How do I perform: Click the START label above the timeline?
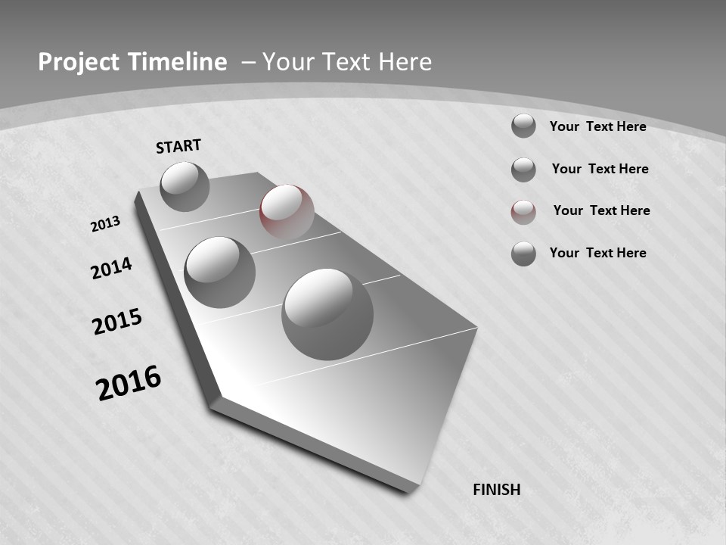(x=178, y=146)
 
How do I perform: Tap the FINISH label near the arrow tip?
(x=496, y=490)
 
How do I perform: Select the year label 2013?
(x=105, y=224)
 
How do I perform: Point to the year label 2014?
(x=111, y=269)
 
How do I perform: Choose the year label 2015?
(x=116, y=322)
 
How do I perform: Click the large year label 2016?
(x=129, y=382)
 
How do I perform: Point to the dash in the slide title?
(x=248, y=62)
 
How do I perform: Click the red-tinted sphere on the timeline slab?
(x=287, y=212)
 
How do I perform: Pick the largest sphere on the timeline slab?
(x=327, y=313)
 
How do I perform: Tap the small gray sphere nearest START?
(x=185, y=186)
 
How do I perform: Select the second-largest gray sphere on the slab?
(x=219, y=272)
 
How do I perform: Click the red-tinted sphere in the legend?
(x=523, y=211)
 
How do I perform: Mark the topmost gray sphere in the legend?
(x=523, y=126)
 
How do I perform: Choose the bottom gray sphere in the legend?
(x=523, y=253)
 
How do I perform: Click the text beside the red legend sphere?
(x=601, y=210)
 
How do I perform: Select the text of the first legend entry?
(x=597, y=126)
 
